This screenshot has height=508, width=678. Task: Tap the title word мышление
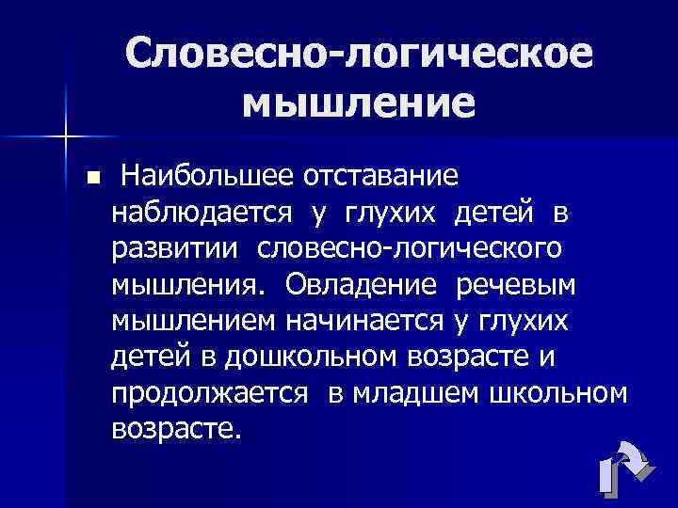358,101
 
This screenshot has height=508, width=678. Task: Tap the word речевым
521,284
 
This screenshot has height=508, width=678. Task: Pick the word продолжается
209,393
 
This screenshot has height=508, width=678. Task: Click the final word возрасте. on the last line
176,430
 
